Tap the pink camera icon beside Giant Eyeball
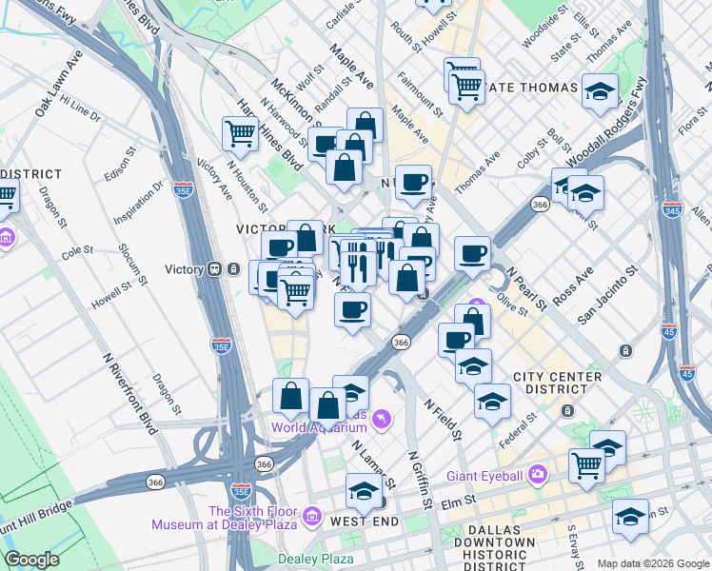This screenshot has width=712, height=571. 539,474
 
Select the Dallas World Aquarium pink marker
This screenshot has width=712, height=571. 382,418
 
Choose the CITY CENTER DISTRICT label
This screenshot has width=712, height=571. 557,383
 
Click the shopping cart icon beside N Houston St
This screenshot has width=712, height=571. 240,133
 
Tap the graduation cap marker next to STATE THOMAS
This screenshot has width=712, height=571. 600,92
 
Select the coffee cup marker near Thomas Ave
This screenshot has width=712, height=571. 413,183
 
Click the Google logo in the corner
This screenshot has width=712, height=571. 32,560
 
